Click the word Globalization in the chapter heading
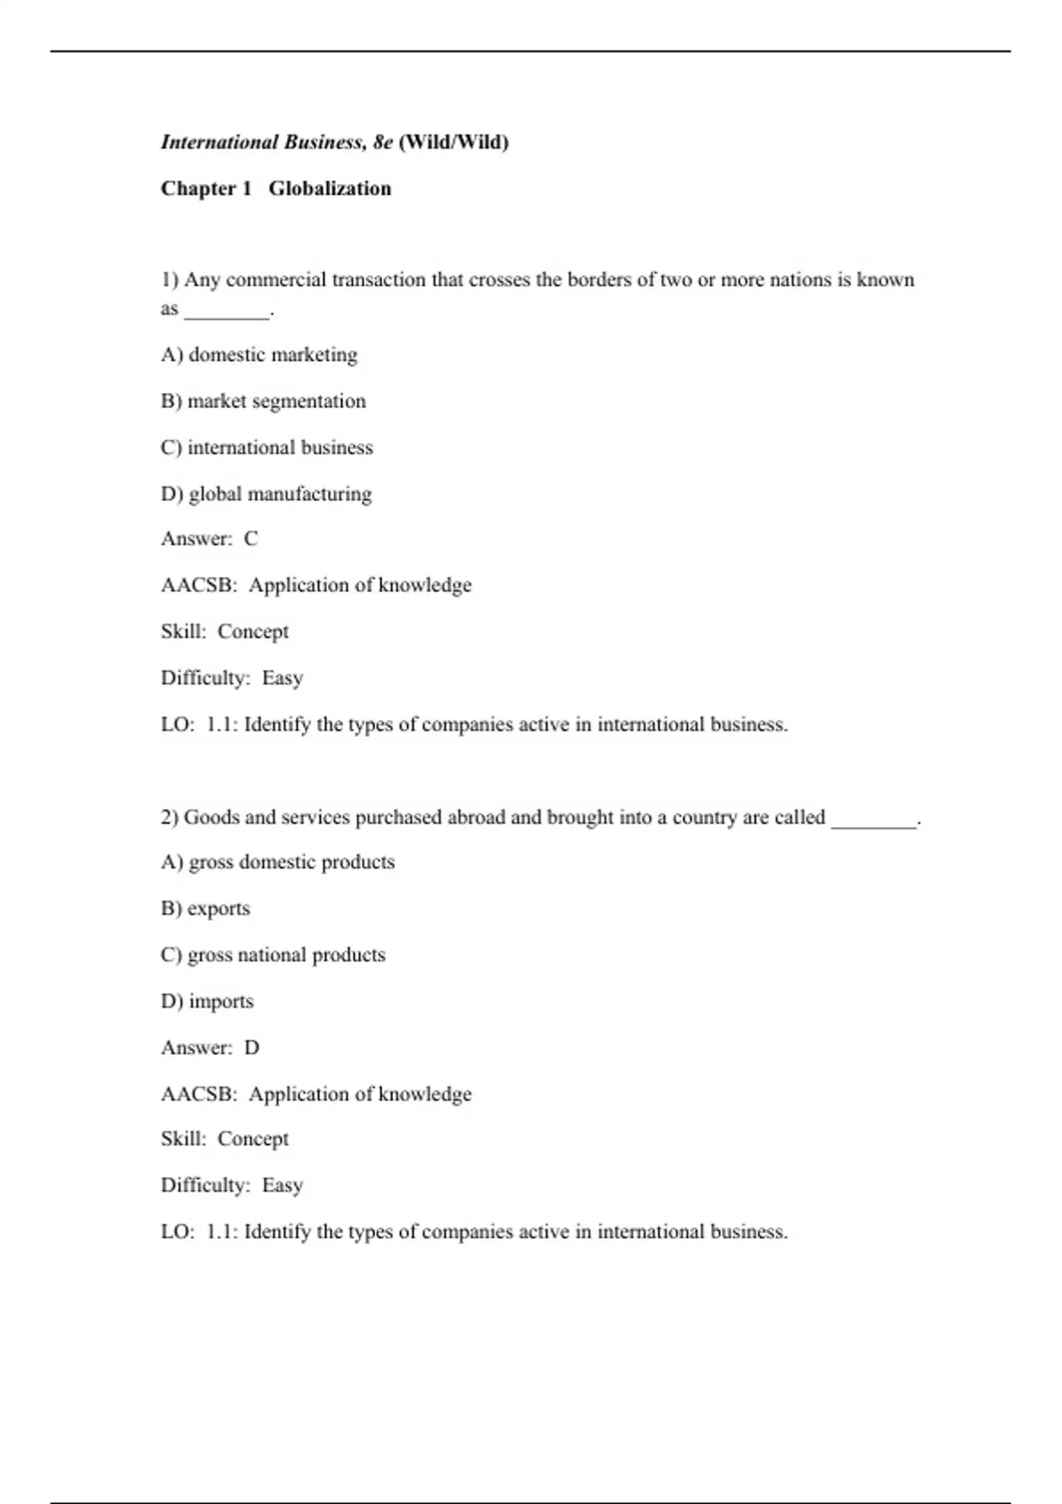click(329, 188)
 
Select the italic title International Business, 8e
click(276, 142)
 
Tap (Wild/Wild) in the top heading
click(453, 142)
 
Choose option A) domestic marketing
click(259, 355)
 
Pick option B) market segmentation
click(263, 402)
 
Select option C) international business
click(266, 448)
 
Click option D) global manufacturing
click(265, 494)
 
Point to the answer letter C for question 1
click(251, 539)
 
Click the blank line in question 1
click(227, 311)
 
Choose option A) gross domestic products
click(278, 863)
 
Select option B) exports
click(205, 909)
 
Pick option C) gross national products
click(273, 955)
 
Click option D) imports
click(207, 1001)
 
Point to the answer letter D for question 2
click(252, 1048)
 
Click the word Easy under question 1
click(282, 678)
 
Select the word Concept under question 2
click(253, 1140)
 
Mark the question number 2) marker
click(170, 817)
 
